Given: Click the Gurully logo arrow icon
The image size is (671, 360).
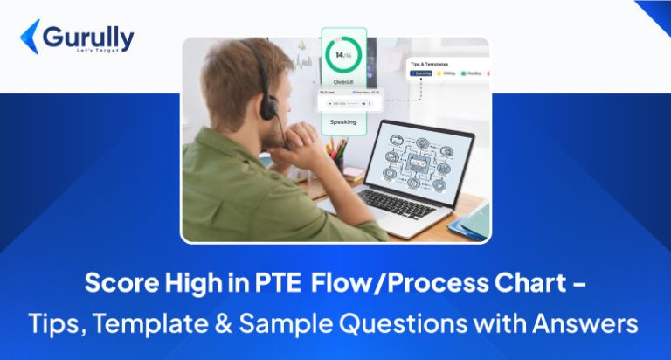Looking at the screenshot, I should tap(29, 37).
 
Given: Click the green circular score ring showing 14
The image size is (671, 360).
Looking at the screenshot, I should tap(342, 56).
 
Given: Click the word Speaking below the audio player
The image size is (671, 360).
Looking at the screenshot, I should tap(342, 122).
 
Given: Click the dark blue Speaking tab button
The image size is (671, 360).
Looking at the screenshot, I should tap(425, 76).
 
